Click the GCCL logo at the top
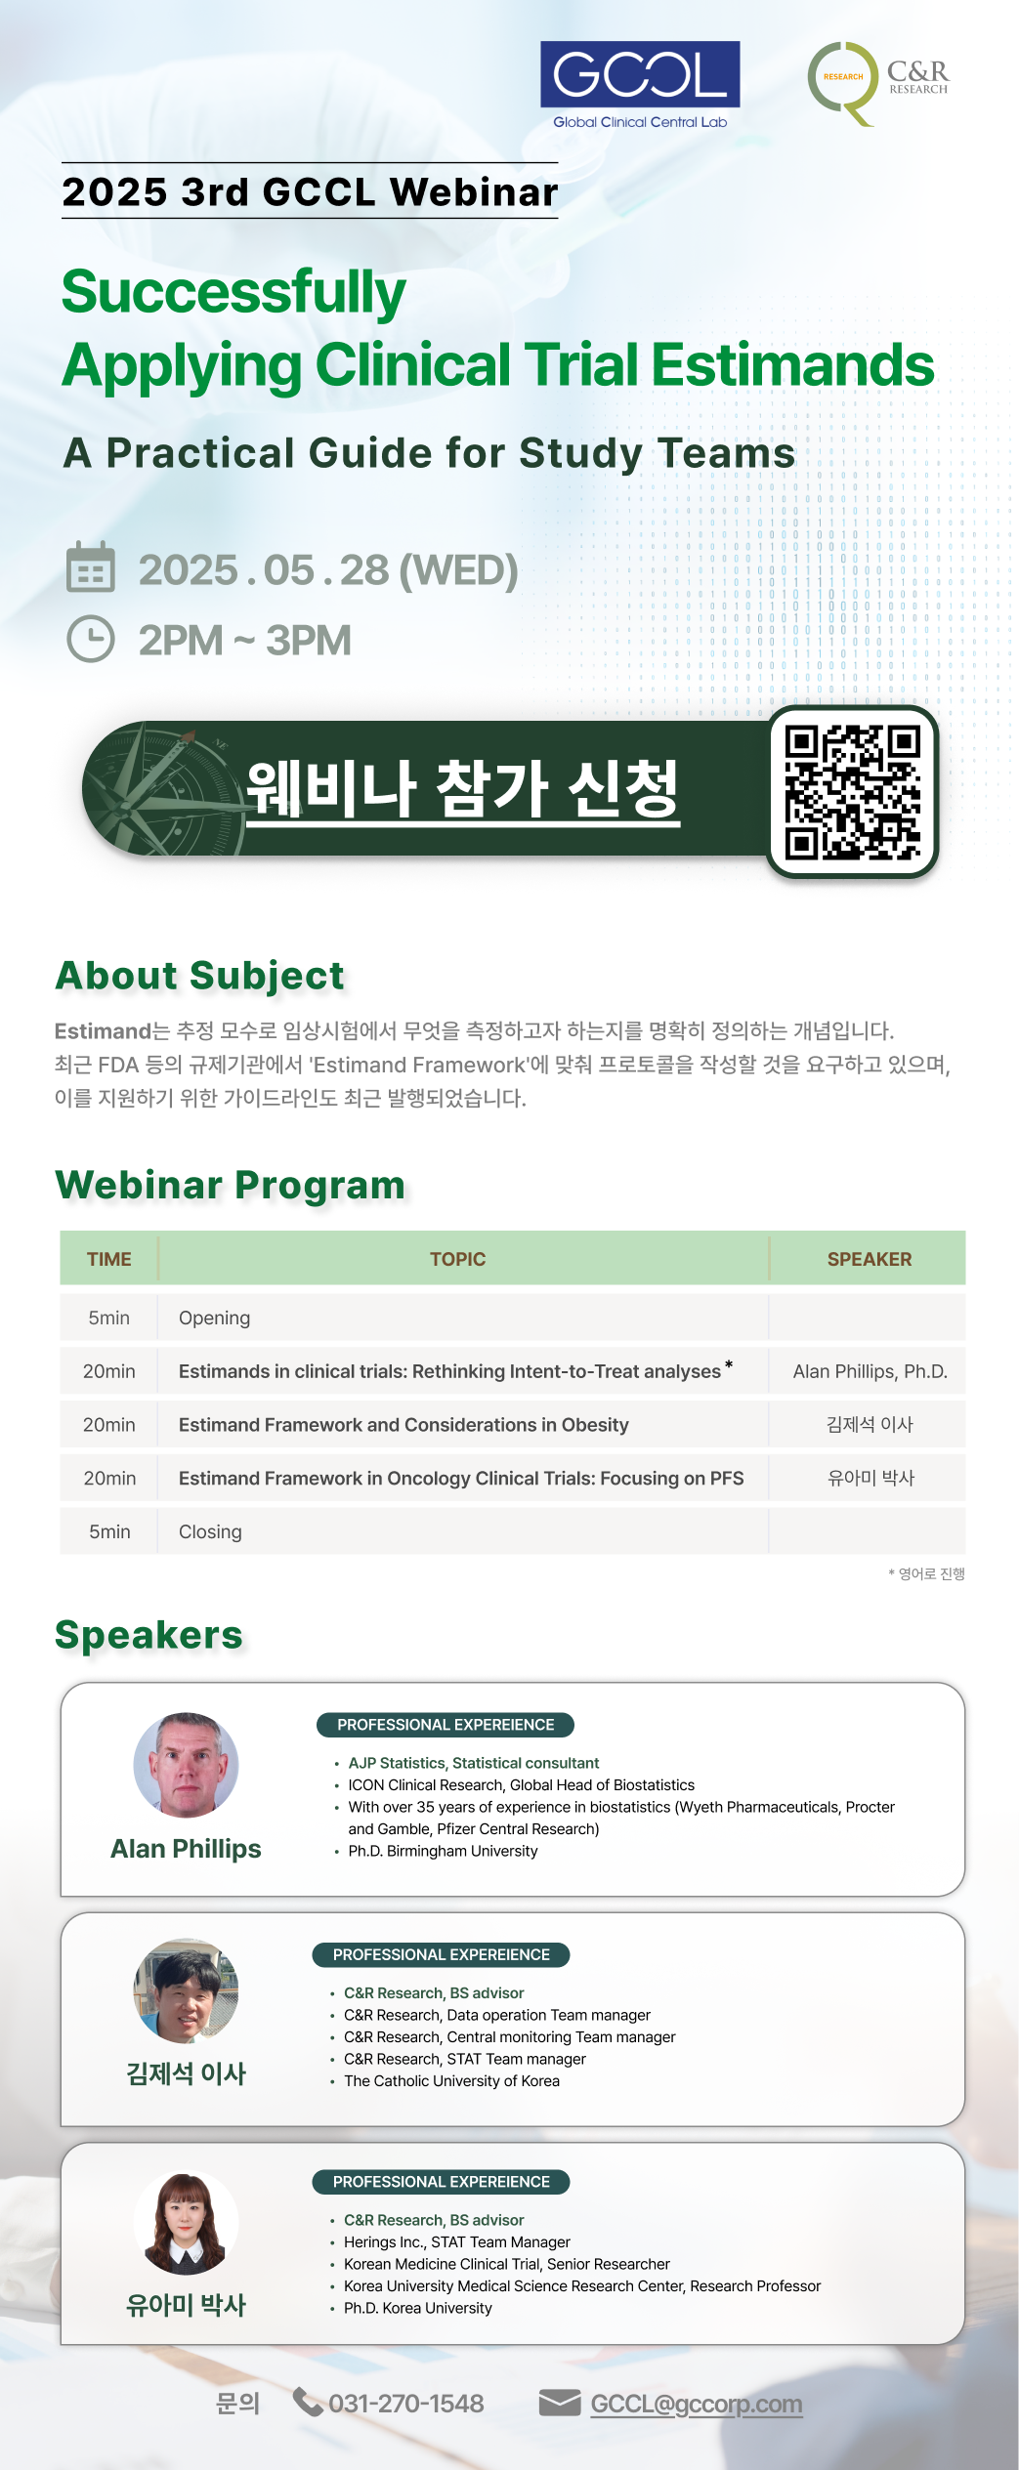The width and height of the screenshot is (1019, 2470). click(640, 85)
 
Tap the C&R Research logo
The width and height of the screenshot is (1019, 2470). click(877, 83)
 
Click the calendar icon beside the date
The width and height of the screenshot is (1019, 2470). click(91, 567)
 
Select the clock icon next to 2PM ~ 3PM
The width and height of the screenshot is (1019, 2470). click(91, 639)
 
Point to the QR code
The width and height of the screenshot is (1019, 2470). click(853, 792)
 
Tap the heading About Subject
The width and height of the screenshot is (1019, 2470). click(200, 976)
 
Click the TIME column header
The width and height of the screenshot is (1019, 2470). click(109, 1259)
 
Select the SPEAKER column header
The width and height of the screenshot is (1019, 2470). click(870, 1259)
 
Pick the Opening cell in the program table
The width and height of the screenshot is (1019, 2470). click(214, 1318)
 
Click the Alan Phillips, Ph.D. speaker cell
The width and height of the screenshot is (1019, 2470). click(870, 1371)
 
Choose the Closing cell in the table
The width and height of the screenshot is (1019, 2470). click(210, 1531)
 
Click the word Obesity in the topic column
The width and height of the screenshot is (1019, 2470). click(595, 1425)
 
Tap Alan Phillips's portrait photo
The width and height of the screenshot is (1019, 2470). click(186, 1765)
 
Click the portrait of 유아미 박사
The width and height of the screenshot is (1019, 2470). click(186, 2223)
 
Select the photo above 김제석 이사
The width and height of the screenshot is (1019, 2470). click(186, 1991)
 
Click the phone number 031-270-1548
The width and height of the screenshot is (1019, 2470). click(406, 2404)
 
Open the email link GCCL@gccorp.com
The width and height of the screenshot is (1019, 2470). click(697, 2404)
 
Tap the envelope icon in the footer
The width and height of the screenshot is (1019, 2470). click(560, 2403)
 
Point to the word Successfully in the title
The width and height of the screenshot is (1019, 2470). click(234, 292)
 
